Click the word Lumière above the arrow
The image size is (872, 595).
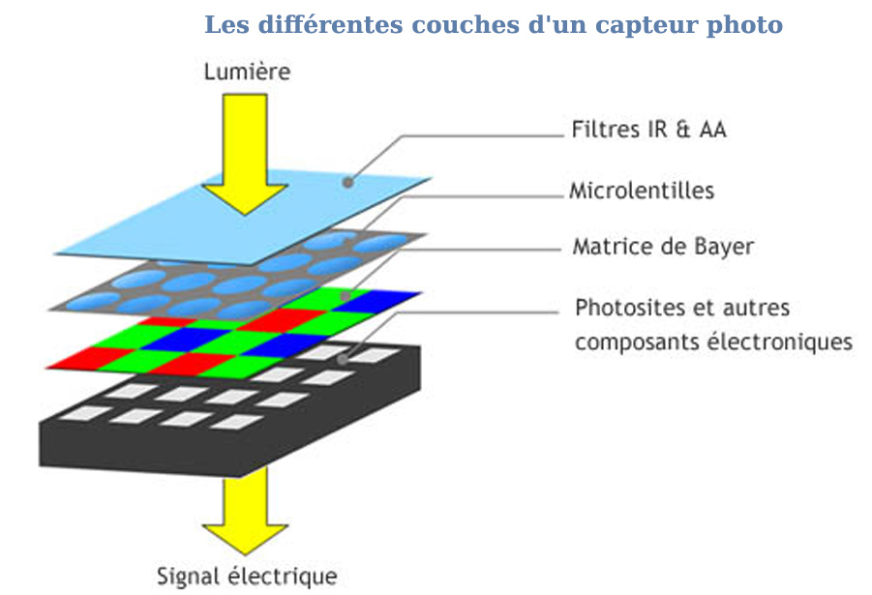click(247, 71)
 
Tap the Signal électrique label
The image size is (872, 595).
click(247, 577)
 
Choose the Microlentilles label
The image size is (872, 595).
click(643, 190)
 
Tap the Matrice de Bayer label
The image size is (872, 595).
click(662, 247)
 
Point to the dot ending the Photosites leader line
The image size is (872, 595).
click(346, 360)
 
